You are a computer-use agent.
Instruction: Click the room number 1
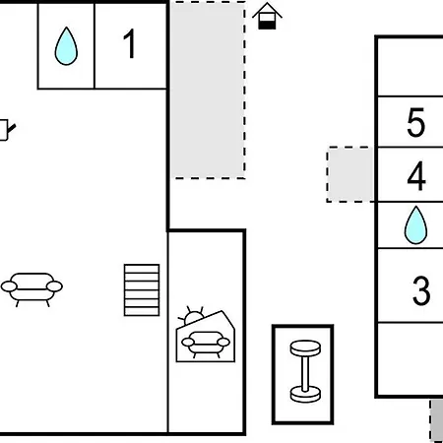point(130,43)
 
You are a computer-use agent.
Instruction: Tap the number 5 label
point(416,122)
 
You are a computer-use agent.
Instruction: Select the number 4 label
point(416,176)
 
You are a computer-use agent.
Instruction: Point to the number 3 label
point(421,290)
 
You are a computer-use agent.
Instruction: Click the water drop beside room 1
point(66,46)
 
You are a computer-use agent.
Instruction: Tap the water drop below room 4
point(415,225)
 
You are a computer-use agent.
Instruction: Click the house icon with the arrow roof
point(267,16)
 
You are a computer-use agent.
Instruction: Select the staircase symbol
point(142,290)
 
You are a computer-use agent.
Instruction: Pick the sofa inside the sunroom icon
point(206,344)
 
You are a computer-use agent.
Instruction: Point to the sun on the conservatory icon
point(193,317)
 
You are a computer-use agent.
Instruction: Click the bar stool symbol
point(305,371)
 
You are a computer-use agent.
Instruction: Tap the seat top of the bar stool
point(305,348)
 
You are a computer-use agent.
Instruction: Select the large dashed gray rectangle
point(209,91)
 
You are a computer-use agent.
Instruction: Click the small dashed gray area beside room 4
point(350,174)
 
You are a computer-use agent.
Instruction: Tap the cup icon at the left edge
point(7,130)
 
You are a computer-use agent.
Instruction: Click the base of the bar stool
point(305,395)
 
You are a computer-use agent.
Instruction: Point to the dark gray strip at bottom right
point(437,420)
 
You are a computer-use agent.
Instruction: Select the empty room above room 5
point(411,68)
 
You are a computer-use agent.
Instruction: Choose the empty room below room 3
point(411,358)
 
